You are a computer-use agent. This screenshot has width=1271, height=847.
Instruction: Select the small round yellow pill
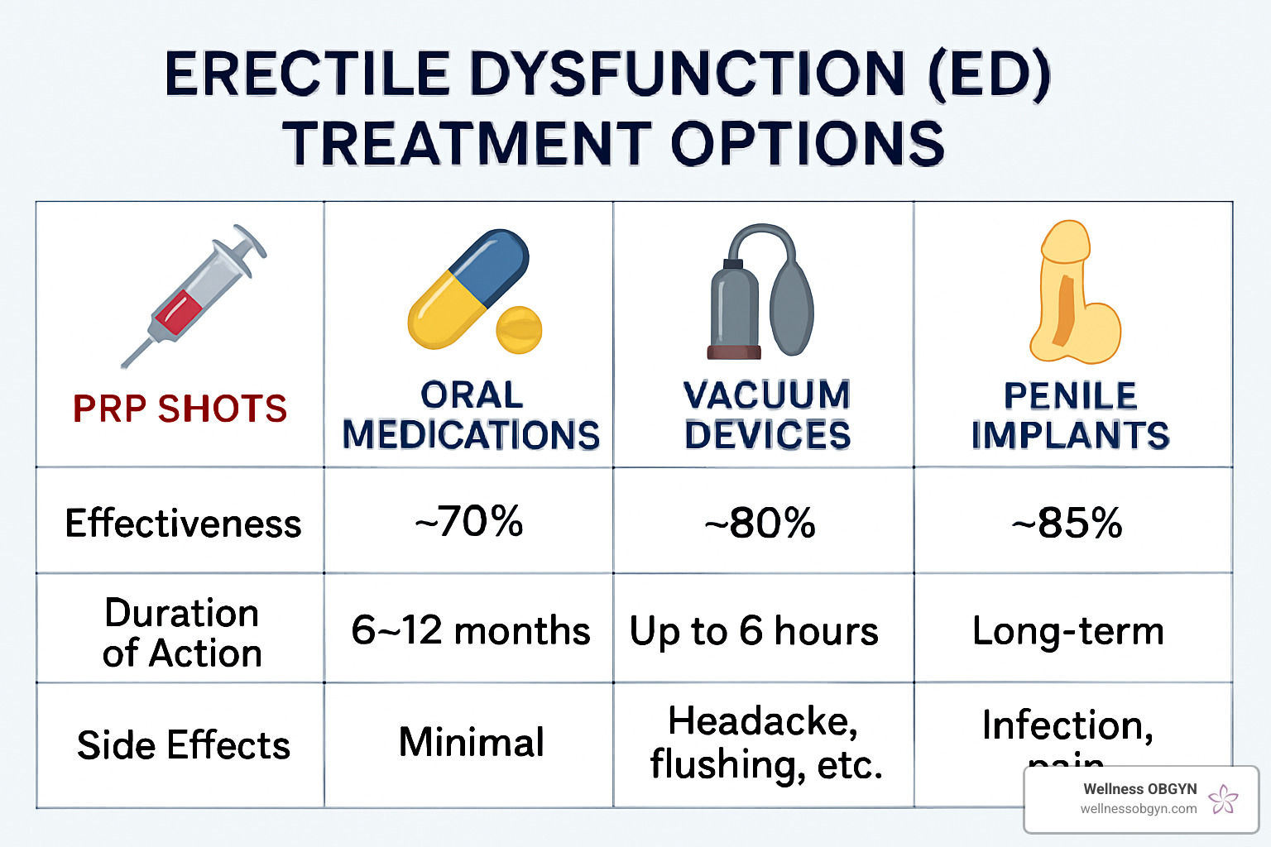[x=519, y=330]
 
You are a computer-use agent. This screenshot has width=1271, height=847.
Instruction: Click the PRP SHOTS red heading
[x=180, y=409]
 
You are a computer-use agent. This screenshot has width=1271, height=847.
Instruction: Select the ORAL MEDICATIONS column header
[x=471, y=415]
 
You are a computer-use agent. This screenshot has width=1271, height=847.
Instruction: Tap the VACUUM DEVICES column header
[x=767, y=415]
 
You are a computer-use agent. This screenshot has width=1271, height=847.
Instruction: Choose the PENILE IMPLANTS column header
[x=1070, y=415]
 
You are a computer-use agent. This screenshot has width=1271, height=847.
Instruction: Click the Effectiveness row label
[x=183, y=524]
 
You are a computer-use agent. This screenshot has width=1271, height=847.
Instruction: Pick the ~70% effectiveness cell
[x=469, y=522]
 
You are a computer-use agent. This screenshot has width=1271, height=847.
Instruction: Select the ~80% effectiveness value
[x=760, y=524]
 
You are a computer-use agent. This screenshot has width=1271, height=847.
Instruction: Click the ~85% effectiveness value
[x=1067, y=524]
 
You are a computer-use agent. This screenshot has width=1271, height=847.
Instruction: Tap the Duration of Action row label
[x=182, y=633]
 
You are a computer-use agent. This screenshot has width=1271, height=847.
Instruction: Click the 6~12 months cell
[x=470, y=630]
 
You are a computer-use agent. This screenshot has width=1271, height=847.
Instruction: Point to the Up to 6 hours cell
[x=754, y=631]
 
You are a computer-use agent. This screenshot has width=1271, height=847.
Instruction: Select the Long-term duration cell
[x=1068, y=631]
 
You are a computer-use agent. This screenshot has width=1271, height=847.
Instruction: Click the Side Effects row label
[x=184, y=745]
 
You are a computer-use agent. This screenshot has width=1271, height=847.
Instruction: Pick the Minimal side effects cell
[x=472, y=742]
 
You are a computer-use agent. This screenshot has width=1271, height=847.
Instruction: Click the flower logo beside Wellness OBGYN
[x=1223, y=799]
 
